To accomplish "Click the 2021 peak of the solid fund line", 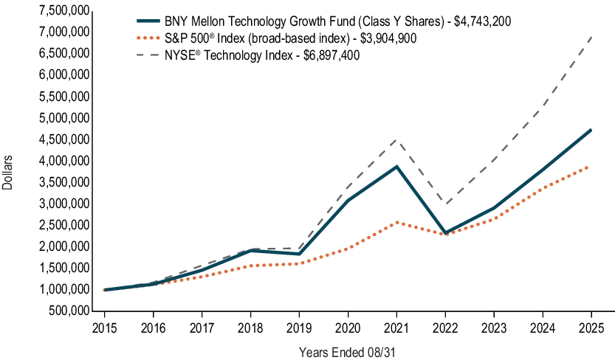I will (x=396, y=166).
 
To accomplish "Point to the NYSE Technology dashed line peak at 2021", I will (x=396, y=139).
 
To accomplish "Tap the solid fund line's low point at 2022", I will (x=445, y=233).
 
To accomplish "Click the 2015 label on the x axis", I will (x=104, y=325).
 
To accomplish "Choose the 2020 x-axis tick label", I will (x=348, y=325).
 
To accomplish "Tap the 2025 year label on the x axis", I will (x=591, y=325).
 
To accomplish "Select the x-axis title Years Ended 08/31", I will (x=348, y=352).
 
